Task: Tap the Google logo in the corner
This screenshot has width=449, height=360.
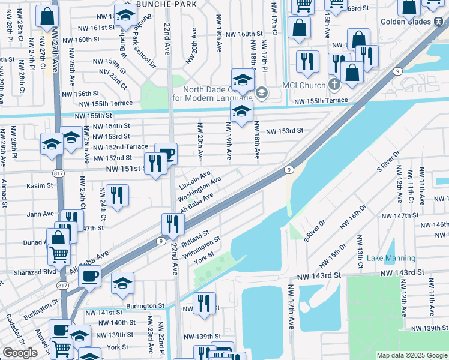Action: [20, 353]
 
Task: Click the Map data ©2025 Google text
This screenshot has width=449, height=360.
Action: [411, 355]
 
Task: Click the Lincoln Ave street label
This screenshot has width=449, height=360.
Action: [194, 178]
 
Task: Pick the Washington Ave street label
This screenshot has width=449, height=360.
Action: [200, 188]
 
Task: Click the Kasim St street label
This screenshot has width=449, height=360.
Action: [40, 186]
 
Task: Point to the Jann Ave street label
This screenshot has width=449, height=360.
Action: [41, 214]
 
